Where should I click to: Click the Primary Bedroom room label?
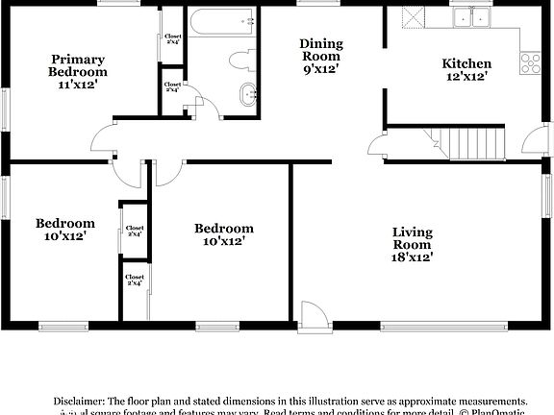[79, 65]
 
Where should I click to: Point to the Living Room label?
[412, 238]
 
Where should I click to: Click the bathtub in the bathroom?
[222, 20]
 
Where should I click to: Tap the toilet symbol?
[239, 60]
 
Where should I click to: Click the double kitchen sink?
[470, 16]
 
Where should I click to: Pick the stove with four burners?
[530, 63]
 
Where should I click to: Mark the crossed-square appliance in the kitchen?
[414, 16]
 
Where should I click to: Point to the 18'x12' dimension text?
[412, 256]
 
